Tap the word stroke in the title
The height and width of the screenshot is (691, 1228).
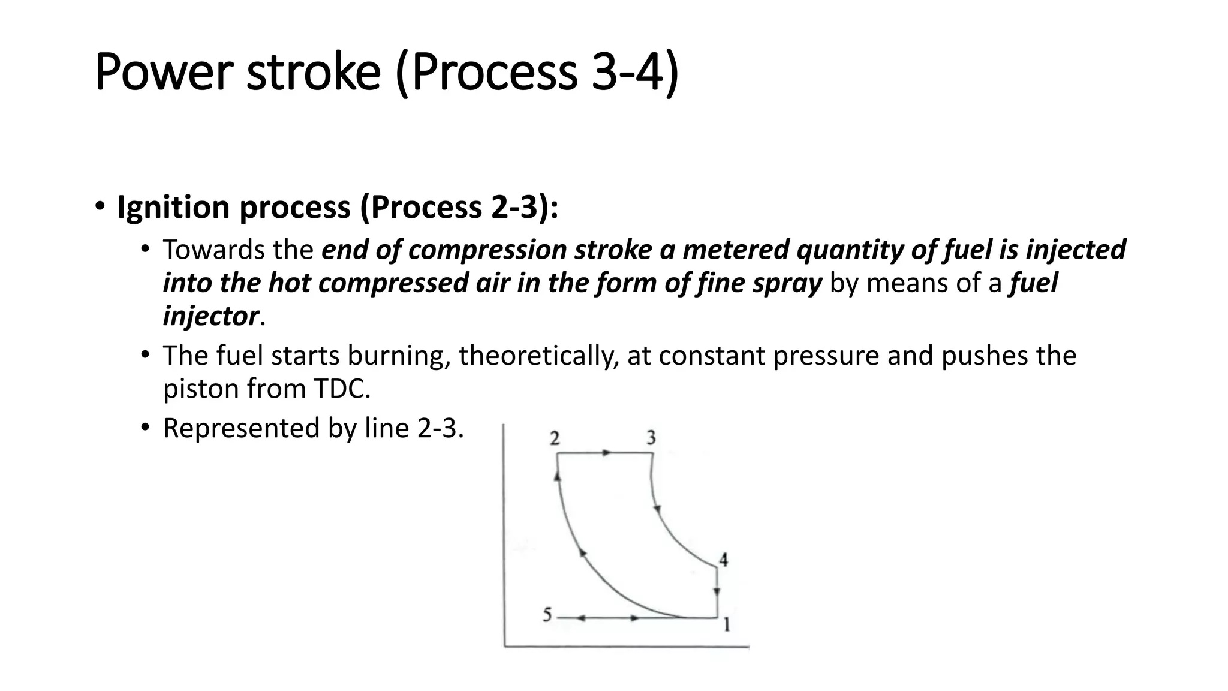pos(313,73)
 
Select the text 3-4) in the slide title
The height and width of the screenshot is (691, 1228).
pos(635,73)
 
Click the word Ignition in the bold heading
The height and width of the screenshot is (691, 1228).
pos(173,208)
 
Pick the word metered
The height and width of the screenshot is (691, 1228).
pos(735,250)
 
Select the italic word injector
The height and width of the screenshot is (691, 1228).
pos(210,316)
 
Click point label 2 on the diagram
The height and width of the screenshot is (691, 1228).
pos(555,438)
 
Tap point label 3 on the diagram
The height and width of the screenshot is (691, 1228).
pos(651,438)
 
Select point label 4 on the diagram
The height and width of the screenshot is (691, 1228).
pos(724,560)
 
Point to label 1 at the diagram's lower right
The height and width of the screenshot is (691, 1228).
pos(726,625)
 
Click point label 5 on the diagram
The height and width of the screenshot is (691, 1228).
pos(547,615)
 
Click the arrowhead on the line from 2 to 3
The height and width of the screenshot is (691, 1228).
pos(607,453)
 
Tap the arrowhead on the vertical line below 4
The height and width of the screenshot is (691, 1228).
pos(717,593)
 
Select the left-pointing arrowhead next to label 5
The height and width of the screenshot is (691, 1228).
pos(580,618)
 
